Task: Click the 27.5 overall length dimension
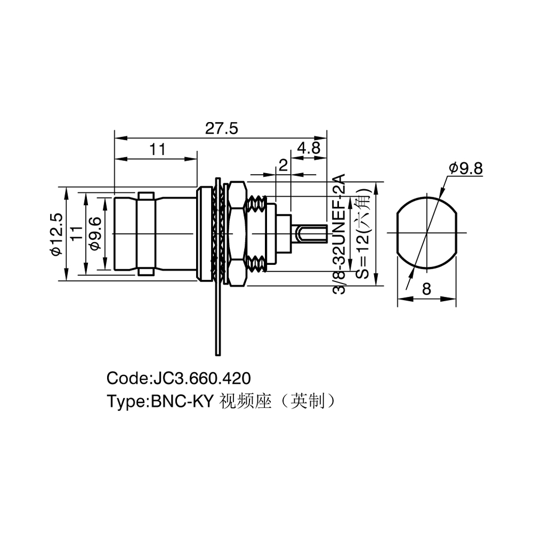point(222,128)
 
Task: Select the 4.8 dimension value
point(309,148)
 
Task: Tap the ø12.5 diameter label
point(56,234)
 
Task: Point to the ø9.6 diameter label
point(96,234)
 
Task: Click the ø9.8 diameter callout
point(466,168)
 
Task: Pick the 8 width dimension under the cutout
point(426,289)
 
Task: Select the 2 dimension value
point(283,165)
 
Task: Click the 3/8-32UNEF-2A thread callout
point(338,234)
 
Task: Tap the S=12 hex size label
point(363,234)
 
